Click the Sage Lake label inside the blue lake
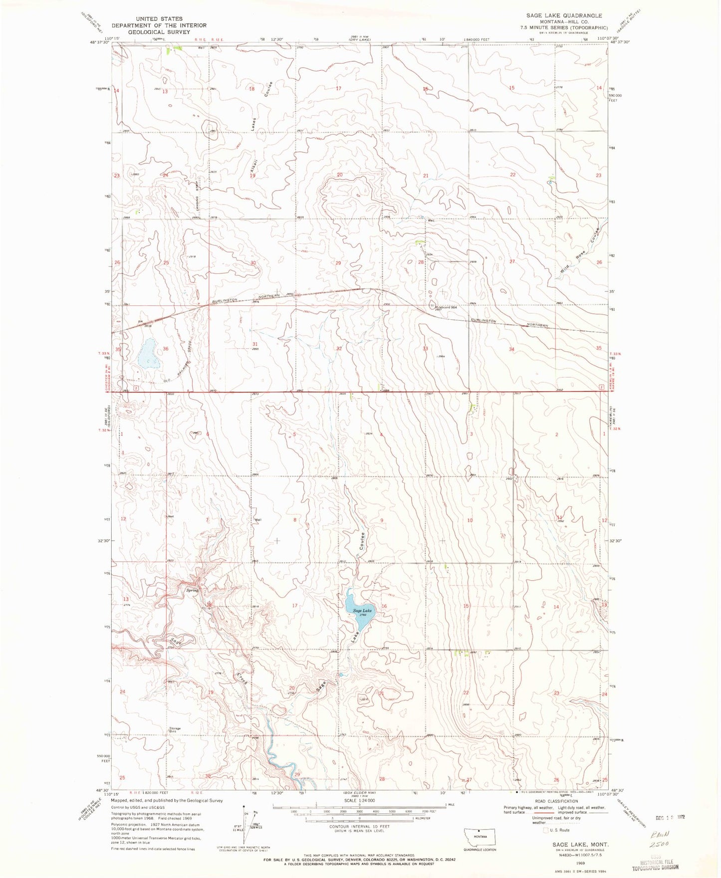coord(362,611)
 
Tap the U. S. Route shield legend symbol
coord(538,830)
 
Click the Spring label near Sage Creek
coord(192,590)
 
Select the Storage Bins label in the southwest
coord(174,730)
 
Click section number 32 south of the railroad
coord(339,349)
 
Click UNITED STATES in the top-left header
coord(159,18)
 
